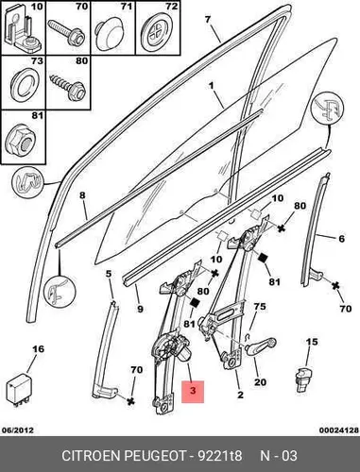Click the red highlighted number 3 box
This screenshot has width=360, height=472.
coord(193,392)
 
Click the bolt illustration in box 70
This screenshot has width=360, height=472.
coord(66,31)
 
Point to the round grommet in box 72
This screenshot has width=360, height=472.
coord(156,34)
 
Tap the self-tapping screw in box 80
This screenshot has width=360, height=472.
coord(67,86)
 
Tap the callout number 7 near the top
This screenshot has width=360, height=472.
coord(207,20)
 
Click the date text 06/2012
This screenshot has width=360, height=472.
coord(18,430)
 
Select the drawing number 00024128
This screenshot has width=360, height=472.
coord(339,430)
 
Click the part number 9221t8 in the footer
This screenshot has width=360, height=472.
coord(220,456)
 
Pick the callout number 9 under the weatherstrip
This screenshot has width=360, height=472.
coord(140,309)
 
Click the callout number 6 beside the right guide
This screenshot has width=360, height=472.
coord(342,239)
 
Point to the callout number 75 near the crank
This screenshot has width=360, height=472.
coord(260,306)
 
